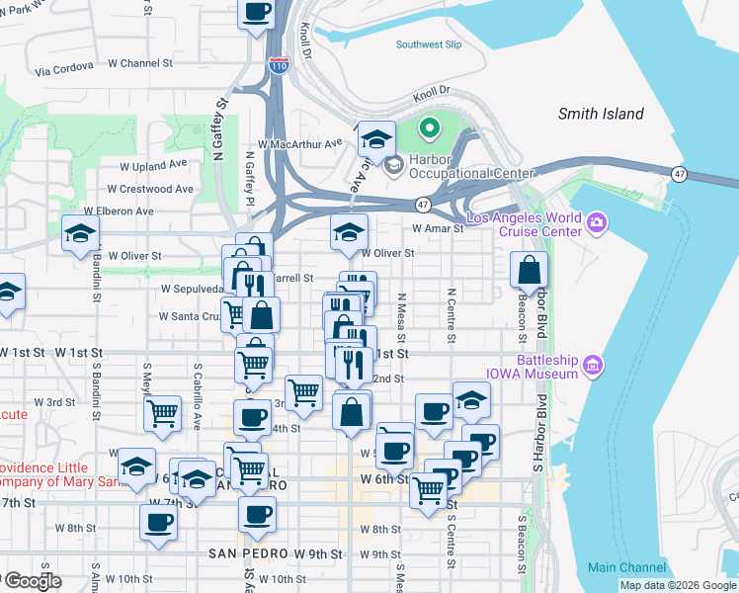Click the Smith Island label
tap(601, 114)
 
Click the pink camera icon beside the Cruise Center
tap(596, 222)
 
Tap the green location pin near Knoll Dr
tap(430, 128)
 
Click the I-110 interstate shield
tap(279, 65)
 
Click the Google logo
tap(34, 581)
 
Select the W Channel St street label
tap(140, 63)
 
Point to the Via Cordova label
tap(64, 70)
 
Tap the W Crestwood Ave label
tap(150, 188)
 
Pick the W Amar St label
tap(438, 228)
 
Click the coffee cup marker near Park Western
tap(257, 14)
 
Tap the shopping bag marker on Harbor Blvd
tap(530, 270)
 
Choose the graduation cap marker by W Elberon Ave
tap(81, 234)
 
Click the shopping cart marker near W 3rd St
tap(162, 414)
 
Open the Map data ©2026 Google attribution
tap(678, 585)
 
